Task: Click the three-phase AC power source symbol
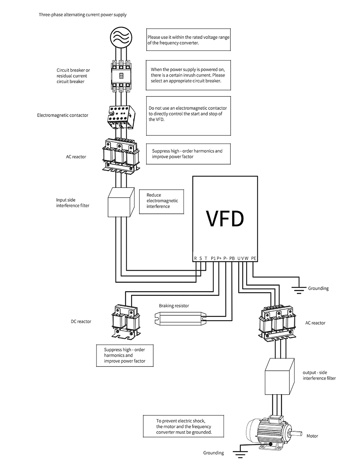(121, 37)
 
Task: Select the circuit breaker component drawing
(121, 75)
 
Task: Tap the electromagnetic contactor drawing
(121, 117)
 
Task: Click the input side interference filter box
(121, 202)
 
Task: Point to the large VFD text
(225, 219)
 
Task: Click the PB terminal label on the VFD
(232, 258)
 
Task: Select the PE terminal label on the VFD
(253, 258)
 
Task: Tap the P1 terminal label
(213, 258)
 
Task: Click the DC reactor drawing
(126, 322)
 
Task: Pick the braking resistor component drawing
(180, 319)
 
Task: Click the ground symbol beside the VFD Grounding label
(299, 290)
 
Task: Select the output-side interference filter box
(279, 376)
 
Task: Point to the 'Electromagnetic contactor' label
(63, 115)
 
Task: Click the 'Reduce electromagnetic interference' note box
(162, 202)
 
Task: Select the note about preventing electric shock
(184, 426)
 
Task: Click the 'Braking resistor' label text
(174, 306)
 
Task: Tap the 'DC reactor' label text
(81, 321)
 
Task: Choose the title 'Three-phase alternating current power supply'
(82, 15)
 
